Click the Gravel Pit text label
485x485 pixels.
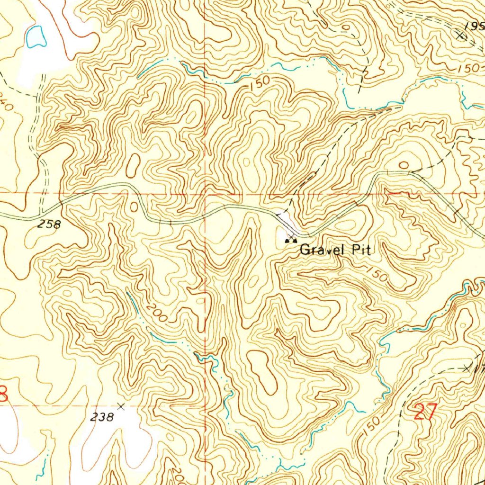coord(334,249)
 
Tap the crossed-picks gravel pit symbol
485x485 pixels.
coord(290,241)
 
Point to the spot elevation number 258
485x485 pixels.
coord(49,225)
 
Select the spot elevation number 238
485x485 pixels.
coord(102,417)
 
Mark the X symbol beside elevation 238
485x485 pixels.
coord(121,406)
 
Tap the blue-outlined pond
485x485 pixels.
coord(36,37)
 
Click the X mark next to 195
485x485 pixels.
coord(460,35)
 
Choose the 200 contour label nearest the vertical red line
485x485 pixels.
coord(157,313)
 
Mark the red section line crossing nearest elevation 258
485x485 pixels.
coord(60,194)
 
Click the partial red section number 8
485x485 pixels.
coord(4,394)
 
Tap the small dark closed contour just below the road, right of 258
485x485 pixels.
coord(134,207)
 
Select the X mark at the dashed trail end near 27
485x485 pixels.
coord(468,368)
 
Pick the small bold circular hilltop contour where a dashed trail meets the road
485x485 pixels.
coord(404,165)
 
